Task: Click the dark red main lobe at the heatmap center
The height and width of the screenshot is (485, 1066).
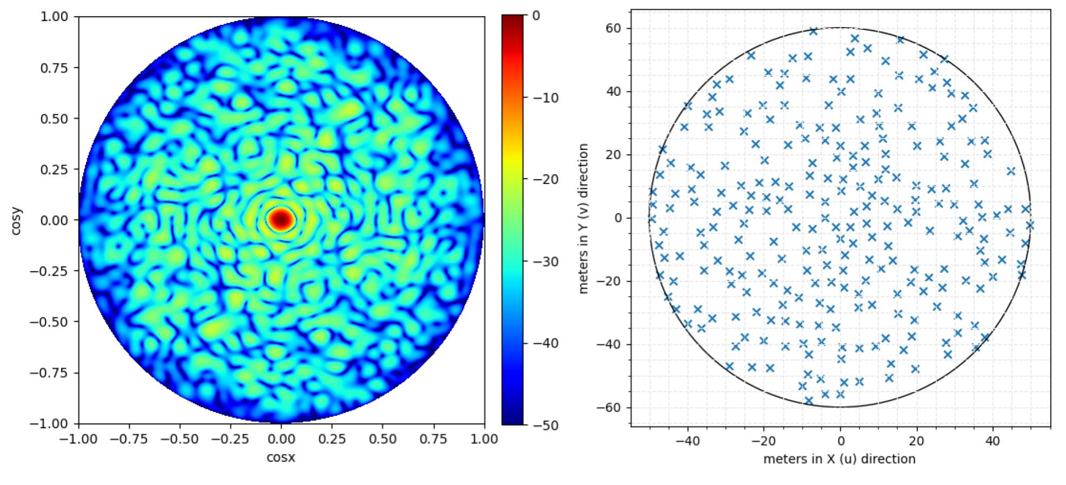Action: point(281,219)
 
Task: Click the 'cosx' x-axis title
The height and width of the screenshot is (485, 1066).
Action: point(281,458)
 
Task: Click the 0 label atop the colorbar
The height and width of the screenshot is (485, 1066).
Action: point(536,16)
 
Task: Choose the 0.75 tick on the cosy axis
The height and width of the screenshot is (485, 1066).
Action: point(56,68)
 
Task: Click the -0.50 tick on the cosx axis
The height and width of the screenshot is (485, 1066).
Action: point(180,439)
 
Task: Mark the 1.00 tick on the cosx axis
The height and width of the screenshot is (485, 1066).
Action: point(484,439)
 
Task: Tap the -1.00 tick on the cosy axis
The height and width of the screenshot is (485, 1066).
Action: point(53,424)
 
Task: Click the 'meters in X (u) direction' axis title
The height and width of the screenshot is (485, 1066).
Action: point(840,460)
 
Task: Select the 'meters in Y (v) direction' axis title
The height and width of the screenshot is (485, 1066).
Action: point(583,219)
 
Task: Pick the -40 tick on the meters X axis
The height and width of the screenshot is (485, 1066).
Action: point(687,441)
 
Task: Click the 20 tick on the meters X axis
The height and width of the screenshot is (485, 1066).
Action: point(917,441)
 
